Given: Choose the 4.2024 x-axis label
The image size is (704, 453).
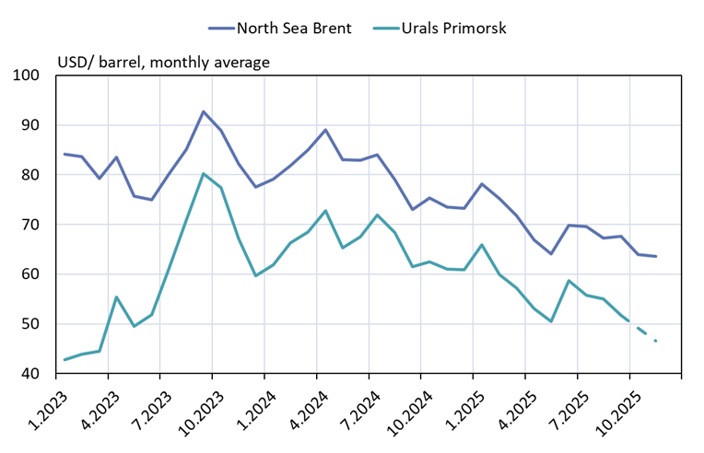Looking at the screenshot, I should coord(299,407).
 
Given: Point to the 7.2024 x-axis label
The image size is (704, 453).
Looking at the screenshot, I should coord(351,407).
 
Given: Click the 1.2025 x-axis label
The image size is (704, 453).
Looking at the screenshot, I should coord(455,407).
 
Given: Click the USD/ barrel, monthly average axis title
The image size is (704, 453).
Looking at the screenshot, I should coord(164,63).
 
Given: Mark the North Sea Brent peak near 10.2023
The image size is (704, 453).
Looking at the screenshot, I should coord(204,111).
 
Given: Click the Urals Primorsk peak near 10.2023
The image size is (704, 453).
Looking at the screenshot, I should coord(204,173).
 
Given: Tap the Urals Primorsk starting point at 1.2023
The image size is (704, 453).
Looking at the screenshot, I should coord(64,359).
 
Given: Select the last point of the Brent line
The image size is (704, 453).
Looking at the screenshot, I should coord(655,256).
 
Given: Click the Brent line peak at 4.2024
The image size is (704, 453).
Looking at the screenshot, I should coord(325,130).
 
